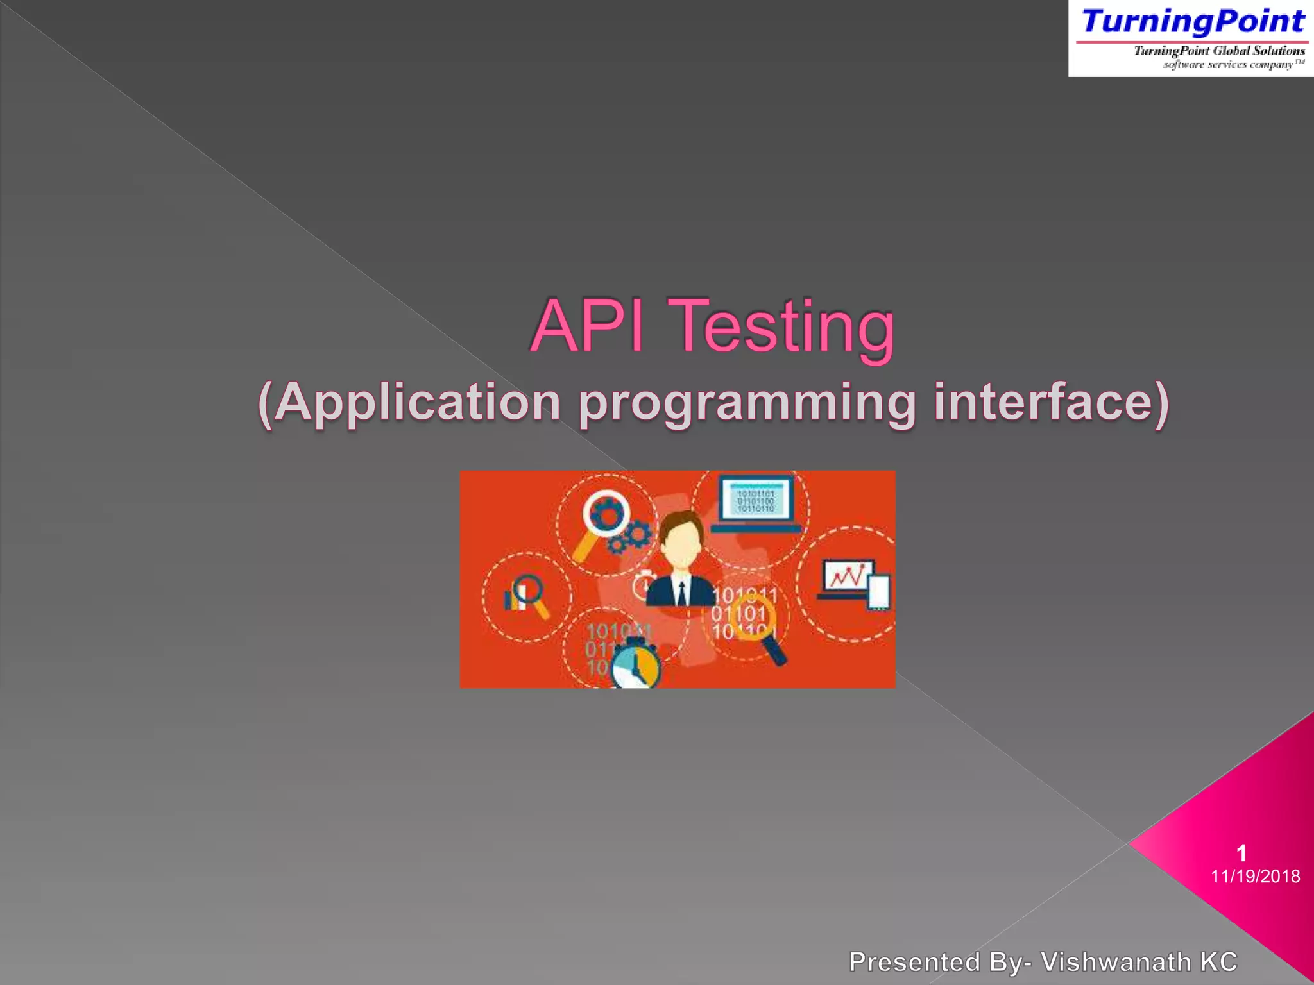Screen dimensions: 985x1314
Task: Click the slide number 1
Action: [1241, 853]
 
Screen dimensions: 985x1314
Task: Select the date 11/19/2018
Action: [1255, 876]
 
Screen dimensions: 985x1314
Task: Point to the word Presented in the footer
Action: [914, 962]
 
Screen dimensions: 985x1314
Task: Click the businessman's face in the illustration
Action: [682, 545]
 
